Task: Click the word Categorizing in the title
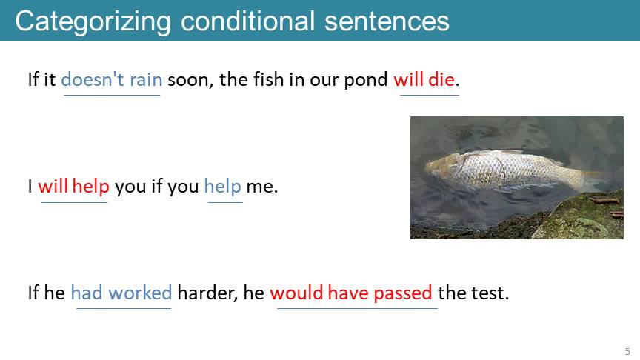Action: pyautogui.click(x=93, y=21)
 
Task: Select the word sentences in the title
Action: pyautogui.click(x=387, y=21)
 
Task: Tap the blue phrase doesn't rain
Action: pyautogui.click(x=111, y=79)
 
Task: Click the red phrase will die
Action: pyautogui.click(x=424, y=79)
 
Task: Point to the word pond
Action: pyautogui.click(x=365, y=80)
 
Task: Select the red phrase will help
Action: pyautogui.click(x=74, y=186)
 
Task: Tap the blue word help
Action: pyautogui.click(x=222, y=187)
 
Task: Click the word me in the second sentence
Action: pyautogui.click(x=261, y=187)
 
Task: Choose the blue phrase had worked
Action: pyautogui.click(x=121, y=293)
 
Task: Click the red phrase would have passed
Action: pyautogui.click(x=351, y=293)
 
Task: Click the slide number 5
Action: pyautogui.click(x=627, y=351)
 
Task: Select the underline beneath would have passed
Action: pyautogui.click(x=358, y=308)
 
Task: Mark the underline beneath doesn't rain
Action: pyautogui.click(x=112, y=95)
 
